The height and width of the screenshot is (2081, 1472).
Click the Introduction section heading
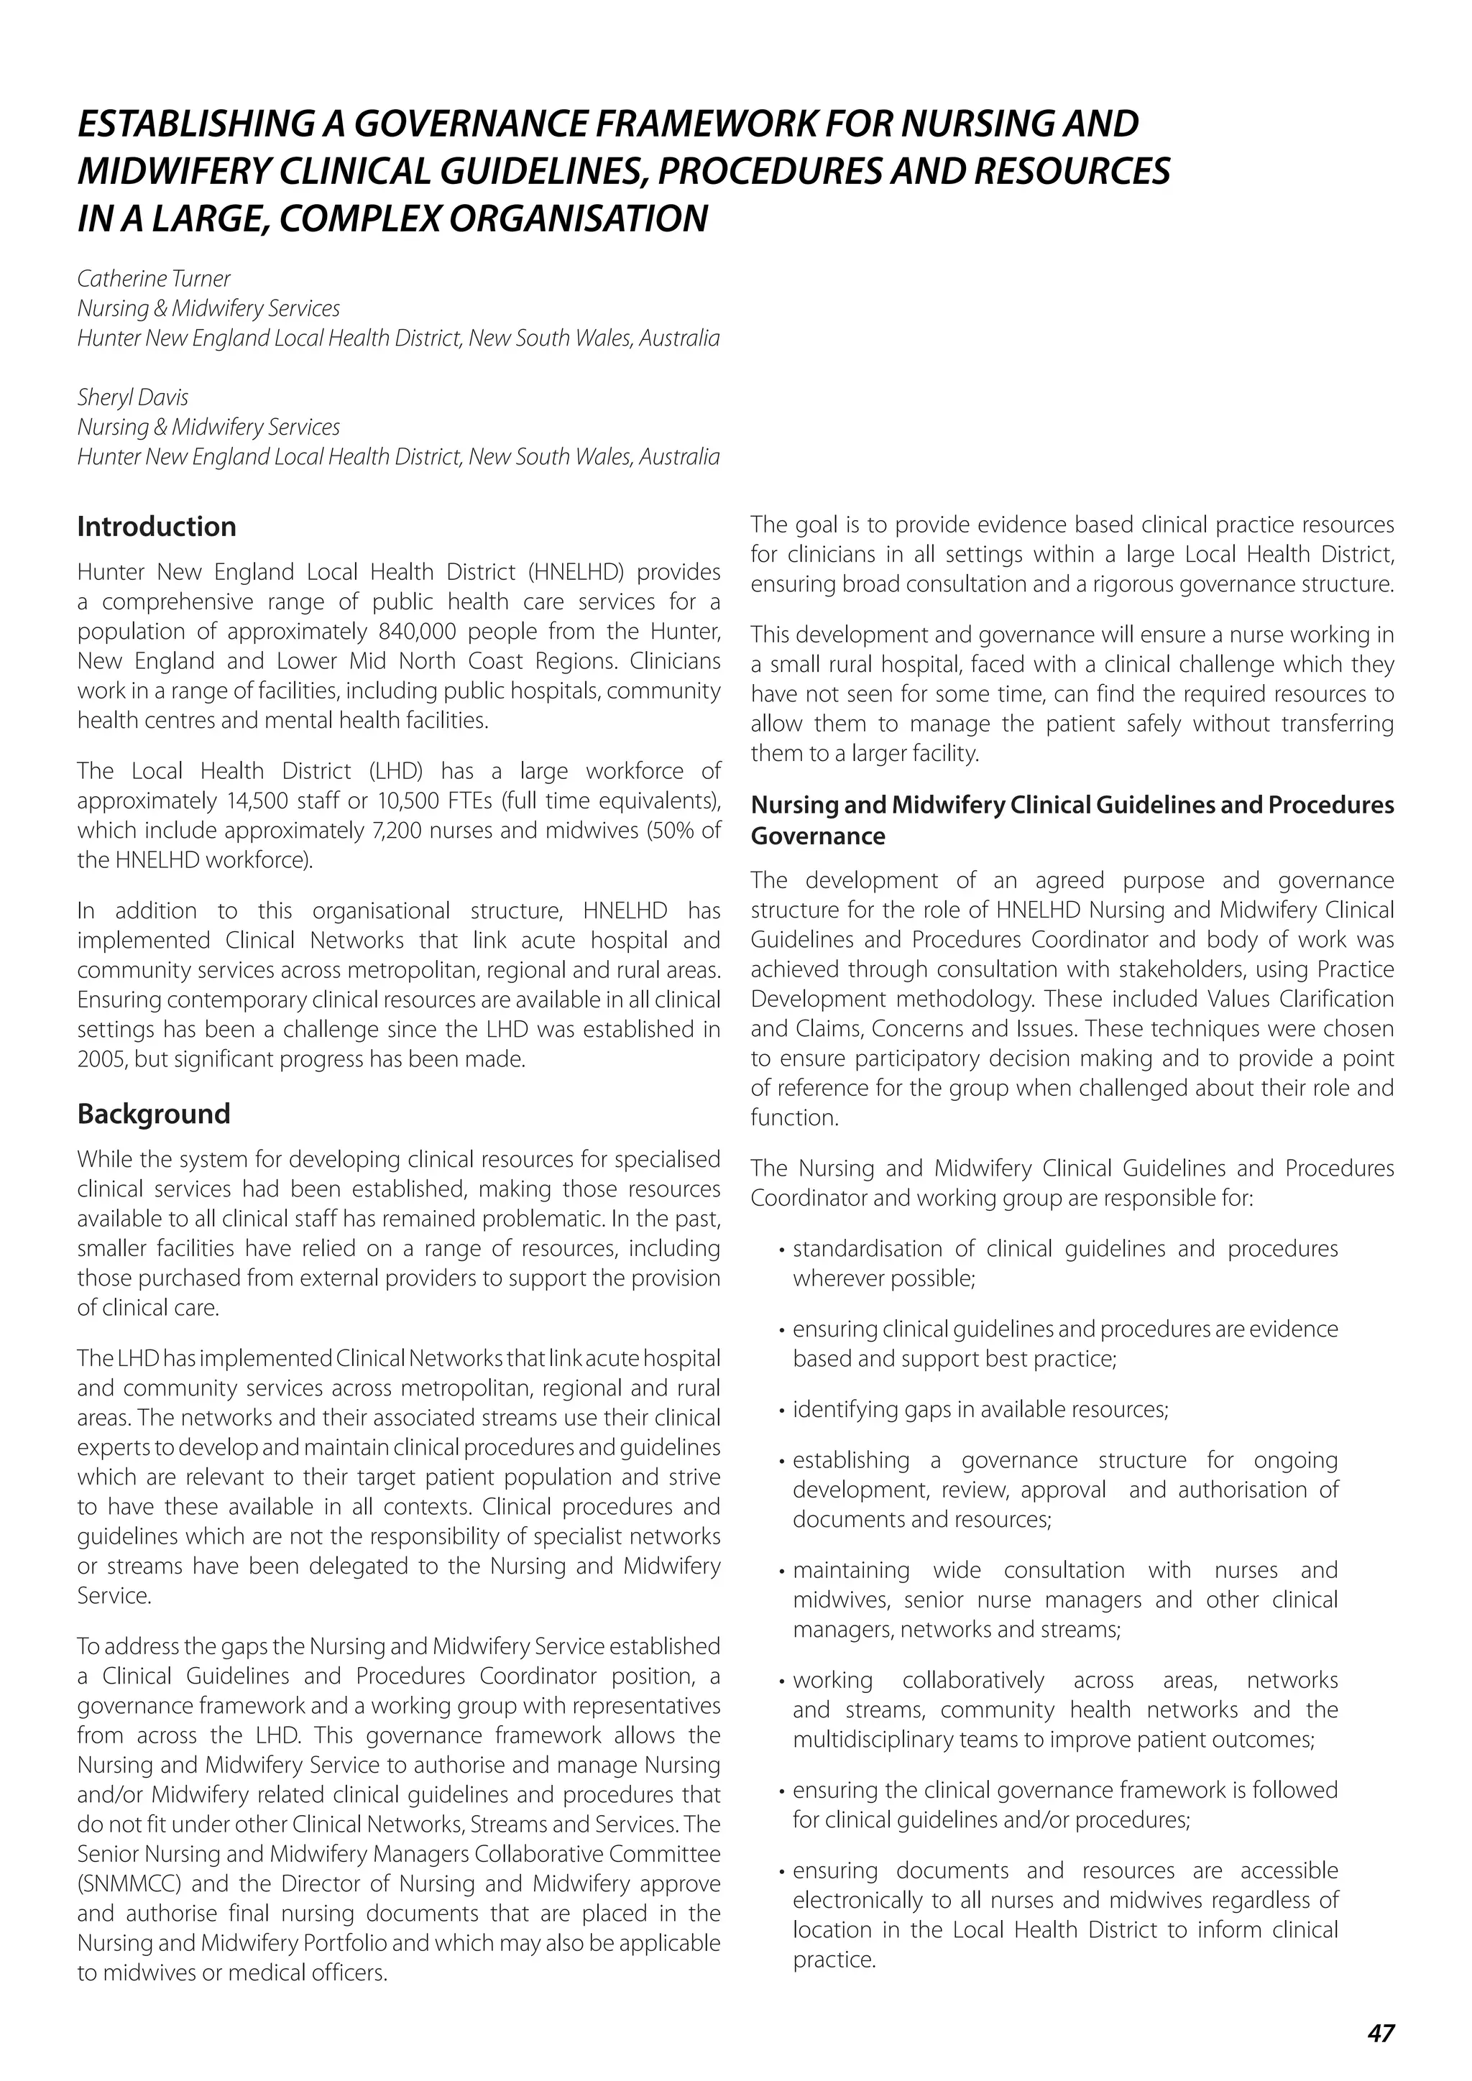point(156,527)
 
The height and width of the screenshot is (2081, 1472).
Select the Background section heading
point(153,1113)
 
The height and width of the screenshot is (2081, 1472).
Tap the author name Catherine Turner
point(153,278)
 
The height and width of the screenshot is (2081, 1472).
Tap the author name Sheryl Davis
point(132,397)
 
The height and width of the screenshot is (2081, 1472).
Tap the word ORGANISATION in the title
point(579,218)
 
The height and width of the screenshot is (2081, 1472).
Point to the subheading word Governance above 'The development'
point(816,836)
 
